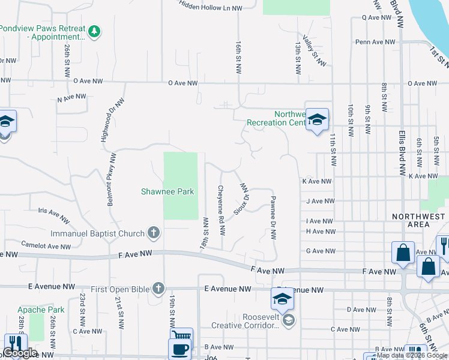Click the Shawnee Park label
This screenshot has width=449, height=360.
[x=167, y=191]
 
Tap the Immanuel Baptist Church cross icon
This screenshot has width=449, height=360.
[x=154, y=233]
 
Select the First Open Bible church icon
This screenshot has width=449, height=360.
[x=158, y=289]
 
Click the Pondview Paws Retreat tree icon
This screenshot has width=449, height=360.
[x=94, y=31]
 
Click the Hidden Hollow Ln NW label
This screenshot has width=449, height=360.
[x=211, y=7]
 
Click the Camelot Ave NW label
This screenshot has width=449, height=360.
[x=46, y=245]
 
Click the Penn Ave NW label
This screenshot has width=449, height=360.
[x=375, y=42]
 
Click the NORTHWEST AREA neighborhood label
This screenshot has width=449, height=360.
[x=419, y=220]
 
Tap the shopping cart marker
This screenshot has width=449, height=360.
[x=181, y=335]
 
